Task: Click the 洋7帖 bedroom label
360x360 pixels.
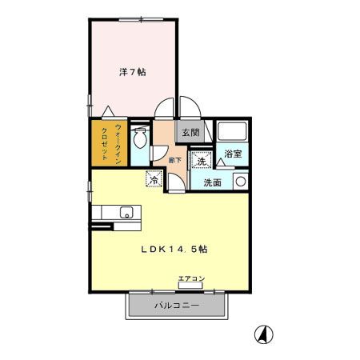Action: [132, 72]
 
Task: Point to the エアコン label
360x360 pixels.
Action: [191, 278]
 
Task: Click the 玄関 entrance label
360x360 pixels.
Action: [190, 134]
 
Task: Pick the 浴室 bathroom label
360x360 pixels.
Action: [234, 153]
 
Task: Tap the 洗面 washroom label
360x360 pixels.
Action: [213, 182]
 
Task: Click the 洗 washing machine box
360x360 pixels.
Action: [202, 160]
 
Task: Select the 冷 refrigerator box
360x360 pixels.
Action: [153, 180]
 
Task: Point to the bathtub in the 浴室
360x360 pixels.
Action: [233, 132]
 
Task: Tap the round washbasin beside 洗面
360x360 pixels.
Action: [238, 182]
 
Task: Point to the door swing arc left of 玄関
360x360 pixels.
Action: [166, 109]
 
